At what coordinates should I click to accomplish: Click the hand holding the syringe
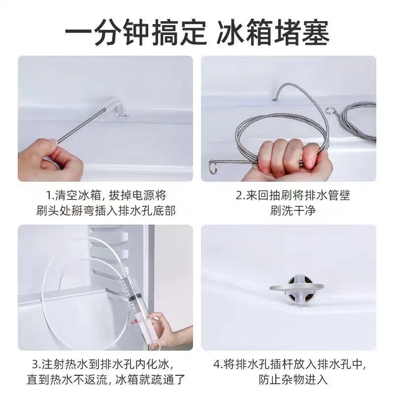(x=165, y=328)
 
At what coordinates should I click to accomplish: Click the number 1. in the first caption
(x=50, y=195)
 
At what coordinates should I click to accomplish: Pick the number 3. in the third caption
(x=36, y=365)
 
